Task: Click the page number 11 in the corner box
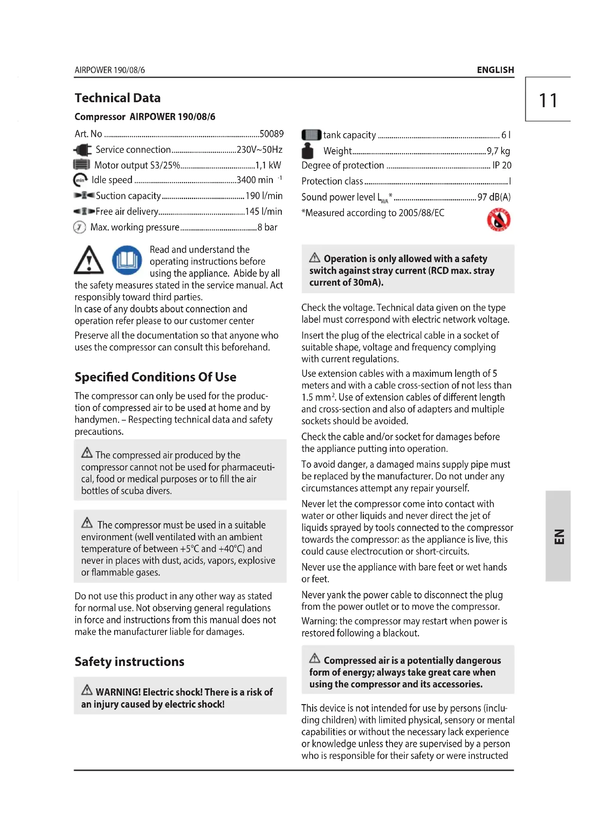click(548, 100)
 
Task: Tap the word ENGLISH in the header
click(495, 70)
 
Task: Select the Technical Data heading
click(117, 98)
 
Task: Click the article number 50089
click(271, 134)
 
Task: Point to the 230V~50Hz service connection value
click(259, 150)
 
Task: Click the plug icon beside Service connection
click(82, 150)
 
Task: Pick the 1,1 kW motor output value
click(268, 166)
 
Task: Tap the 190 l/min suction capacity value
click(264, 196)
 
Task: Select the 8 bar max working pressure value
click(268, 228)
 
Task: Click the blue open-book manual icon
click(127, 260)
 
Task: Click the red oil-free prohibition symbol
click(498, 219)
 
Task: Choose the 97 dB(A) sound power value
click(494, 197)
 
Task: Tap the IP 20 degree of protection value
click(502, 166)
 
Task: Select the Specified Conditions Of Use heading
click(155, 377)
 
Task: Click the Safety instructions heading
click(129, 661)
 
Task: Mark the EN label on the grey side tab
click(559, 536)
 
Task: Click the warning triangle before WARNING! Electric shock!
click(87, 690)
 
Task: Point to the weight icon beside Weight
click(307, 151)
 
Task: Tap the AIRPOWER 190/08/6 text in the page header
click(110, 70)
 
